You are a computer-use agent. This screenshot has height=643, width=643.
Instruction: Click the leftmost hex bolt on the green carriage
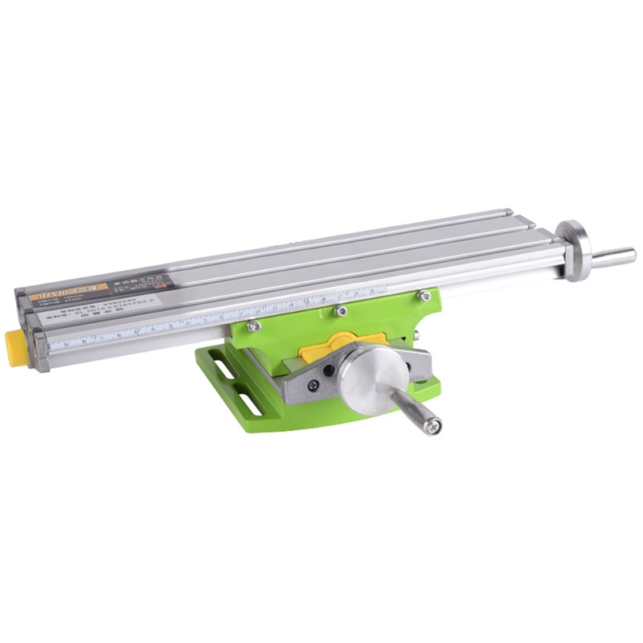point(253,326)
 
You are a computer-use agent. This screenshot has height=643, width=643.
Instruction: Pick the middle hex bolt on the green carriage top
point(341,310)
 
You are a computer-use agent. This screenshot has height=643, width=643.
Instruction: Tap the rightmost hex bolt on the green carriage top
point(424,297)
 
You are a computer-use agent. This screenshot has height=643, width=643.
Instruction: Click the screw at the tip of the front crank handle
point(435,426)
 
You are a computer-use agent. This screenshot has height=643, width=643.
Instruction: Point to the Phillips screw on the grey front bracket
point(312,385)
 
